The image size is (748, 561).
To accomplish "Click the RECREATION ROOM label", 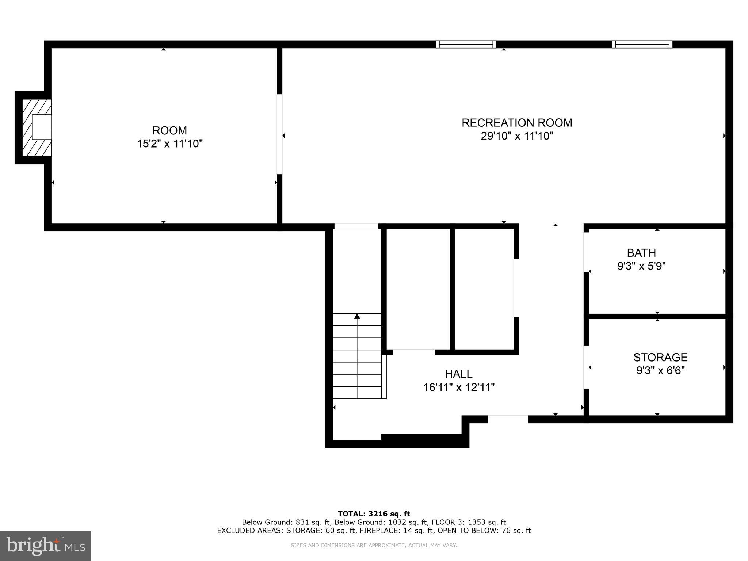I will tap(516, 123).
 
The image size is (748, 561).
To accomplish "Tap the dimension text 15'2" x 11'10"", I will tap(169, 144).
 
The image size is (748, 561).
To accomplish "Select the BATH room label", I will tap(641, 253).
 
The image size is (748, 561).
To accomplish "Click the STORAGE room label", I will tap(660, 357).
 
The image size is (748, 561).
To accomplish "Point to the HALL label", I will tap(458, 374).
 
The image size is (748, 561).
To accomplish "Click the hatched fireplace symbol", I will tap(37, 127).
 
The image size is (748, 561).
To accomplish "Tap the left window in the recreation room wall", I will tap(466, 45).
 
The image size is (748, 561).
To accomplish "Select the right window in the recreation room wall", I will tap(642, 45).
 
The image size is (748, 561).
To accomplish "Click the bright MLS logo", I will tap(45, 546).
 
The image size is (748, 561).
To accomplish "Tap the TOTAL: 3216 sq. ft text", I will tap(374, 514).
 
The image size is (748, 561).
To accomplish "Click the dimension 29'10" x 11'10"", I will tap(516, 136).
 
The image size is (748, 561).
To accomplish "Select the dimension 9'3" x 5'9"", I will tap(641, 266).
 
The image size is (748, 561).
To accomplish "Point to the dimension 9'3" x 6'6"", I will tap(660, 371).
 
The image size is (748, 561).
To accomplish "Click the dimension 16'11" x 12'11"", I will tap(458, 388).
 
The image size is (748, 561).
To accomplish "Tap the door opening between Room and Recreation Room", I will tap(279, 134).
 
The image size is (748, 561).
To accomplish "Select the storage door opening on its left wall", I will tap(586, 367).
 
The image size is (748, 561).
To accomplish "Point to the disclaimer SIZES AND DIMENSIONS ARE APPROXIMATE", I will tap(373, 545).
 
